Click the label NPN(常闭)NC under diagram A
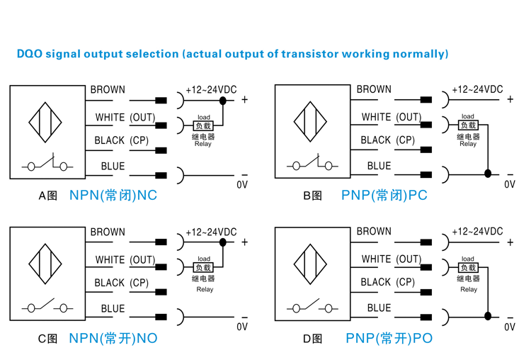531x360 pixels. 113,195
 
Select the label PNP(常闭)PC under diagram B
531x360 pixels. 384,195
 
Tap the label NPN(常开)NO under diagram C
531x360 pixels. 113,338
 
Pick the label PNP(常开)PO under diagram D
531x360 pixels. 389,338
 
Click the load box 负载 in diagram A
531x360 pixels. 203,125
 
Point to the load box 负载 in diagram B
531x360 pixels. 468,125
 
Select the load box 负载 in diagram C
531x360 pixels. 203,268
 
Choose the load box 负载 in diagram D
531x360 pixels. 468,268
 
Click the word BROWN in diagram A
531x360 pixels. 108,90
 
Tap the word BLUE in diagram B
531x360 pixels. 379,166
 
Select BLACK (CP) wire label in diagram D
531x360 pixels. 387,282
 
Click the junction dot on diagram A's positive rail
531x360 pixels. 223,101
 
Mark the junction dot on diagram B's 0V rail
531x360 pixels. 488,173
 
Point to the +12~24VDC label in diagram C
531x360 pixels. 211,232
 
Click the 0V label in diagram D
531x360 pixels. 510,327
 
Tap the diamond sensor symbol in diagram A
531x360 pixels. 47,121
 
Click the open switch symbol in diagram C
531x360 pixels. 47,308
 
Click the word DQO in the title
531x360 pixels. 29,54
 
